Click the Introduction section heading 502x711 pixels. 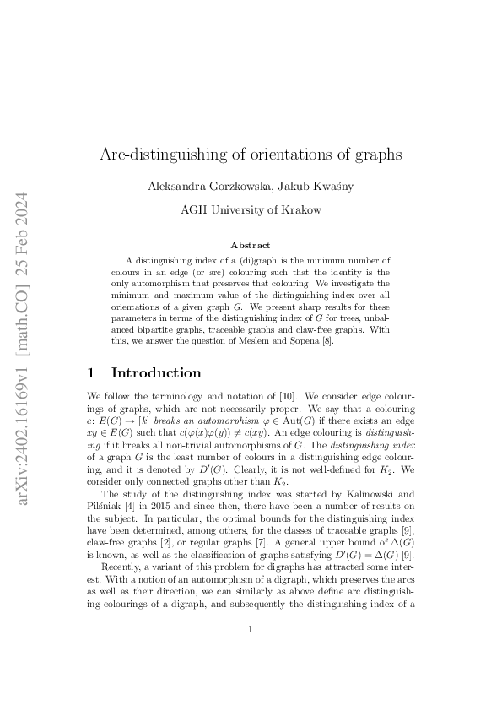(156, 372)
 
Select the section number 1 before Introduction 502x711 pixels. (92, 372)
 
